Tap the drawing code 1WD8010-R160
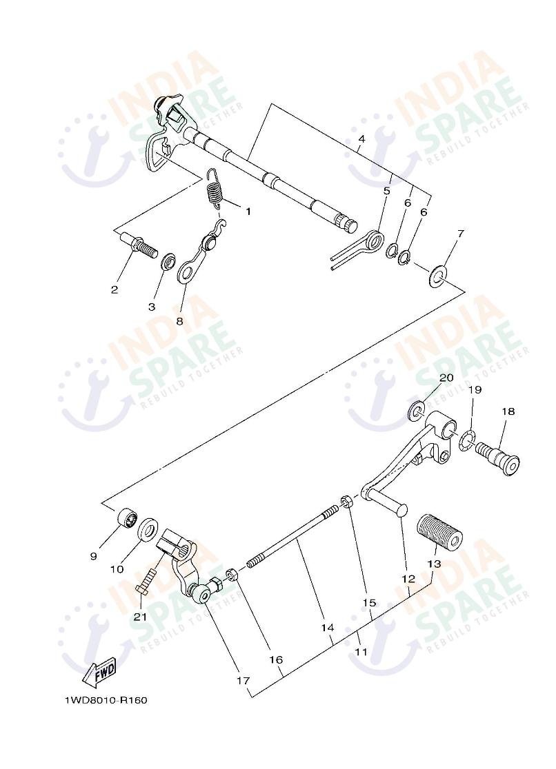click(106, 700)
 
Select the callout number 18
click(508, 411)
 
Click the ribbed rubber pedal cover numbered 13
click(437, 532)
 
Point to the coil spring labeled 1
click(216, 187)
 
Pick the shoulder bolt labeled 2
click(138, 244)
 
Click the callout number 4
click(361, 139)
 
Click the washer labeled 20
click(417, 412)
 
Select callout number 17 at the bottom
click(242, 680)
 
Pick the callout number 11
click(361, 650)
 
